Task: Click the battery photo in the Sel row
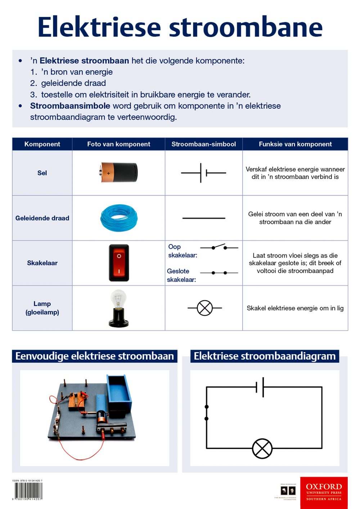pyautogui.click(x=119, y=172)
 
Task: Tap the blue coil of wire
pyautogui.click(x=119, y=218)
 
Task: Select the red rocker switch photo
pyautogui.click(x=119, y=263)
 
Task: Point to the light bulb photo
pyautogui.click(x=118, y=308)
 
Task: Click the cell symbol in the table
pyautogui.click(x=203, y=173)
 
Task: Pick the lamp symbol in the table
pyautogui.click(x=204, y=308)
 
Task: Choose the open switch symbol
pyautogui.click(x=219, y=247)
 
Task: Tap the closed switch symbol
pyautogui.click(x=219, y=273)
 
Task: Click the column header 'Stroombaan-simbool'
pyautogui.click(x=203, y=144)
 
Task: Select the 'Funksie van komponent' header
pyautogui.click(x=295, y=144)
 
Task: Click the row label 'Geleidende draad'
pyautogui.click(x=42, y=218)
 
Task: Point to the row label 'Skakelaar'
pyautogui.click(x=42, y=263)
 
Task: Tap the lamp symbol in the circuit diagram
pyautogui.click(x=262, y=449)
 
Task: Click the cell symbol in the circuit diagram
pyautogui.click(x=260, y=387)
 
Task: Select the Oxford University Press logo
pyautogui.click(x=324, y=492)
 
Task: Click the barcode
pyautogui.click(x=28, y=490)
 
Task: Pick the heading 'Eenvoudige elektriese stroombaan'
pyautogui.click(x=94, y=356)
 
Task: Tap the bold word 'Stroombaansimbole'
pyautogui.click(x=70, y=106)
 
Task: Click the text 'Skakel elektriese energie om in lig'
pyautogui.click(x=295, y=308)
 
